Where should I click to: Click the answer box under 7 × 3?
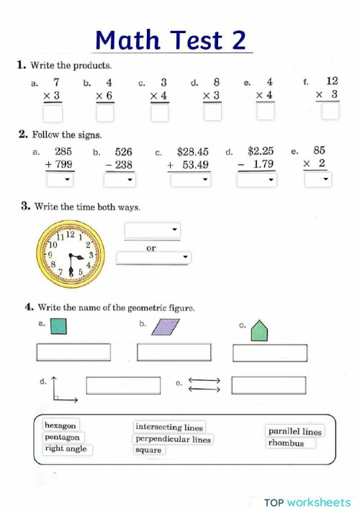pos(53,113)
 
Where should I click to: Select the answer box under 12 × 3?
pos(330,112)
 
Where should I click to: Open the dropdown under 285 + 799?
pos(59,180)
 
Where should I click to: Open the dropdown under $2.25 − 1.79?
pos(256,180)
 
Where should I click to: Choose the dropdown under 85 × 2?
pos(317,179)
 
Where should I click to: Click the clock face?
pos(71,253)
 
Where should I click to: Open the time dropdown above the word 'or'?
pos(152,230)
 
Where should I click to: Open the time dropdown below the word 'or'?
pos(153,257)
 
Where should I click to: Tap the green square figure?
pos(58,327)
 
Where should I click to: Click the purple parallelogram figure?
pos(166,328)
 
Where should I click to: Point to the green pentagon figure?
pos(258,331)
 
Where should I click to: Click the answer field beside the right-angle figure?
pos(122,385)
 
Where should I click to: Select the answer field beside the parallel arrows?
pos(268,385)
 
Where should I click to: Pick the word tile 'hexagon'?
pos(60,425)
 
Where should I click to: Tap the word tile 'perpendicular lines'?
pos(173,439)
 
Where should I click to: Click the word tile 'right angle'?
pos(65,449)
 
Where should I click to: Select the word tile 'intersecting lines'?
pos(169,427)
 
